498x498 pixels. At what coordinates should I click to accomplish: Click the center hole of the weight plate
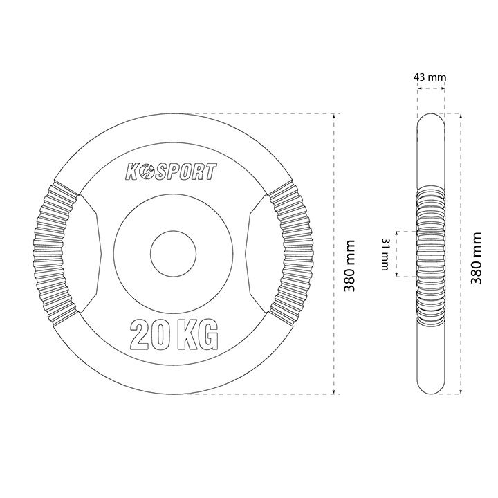pos(174,253)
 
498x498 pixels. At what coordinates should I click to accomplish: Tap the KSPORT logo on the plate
pos(172,172)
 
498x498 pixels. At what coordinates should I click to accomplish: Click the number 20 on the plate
pos(149,335)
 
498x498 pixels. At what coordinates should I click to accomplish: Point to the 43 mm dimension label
pos(430,77)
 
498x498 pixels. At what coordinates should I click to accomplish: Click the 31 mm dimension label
pos(385,254)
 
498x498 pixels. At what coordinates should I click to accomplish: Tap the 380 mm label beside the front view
pos(349,266)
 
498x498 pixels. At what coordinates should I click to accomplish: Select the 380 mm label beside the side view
pos(476,258)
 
